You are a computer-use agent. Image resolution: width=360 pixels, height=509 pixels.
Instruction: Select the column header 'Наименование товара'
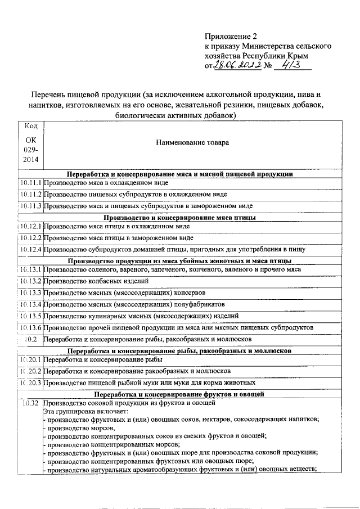[192, 143]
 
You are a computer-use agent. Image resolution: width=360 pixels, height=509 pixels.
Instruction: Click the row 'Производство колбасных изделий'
[96, 281]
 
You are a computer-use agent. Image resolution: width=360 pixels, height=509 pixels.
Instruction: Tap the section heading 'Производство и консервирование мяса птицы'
[180, 217]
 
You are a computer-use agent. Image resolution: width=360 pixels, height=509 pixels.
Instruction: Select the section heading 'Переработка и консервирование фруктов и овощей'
[180, 394]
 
